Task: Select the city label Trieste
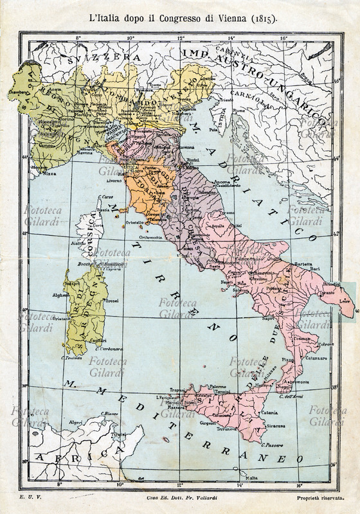point(226,101)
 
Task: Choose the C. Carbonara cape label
point(107,349)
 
